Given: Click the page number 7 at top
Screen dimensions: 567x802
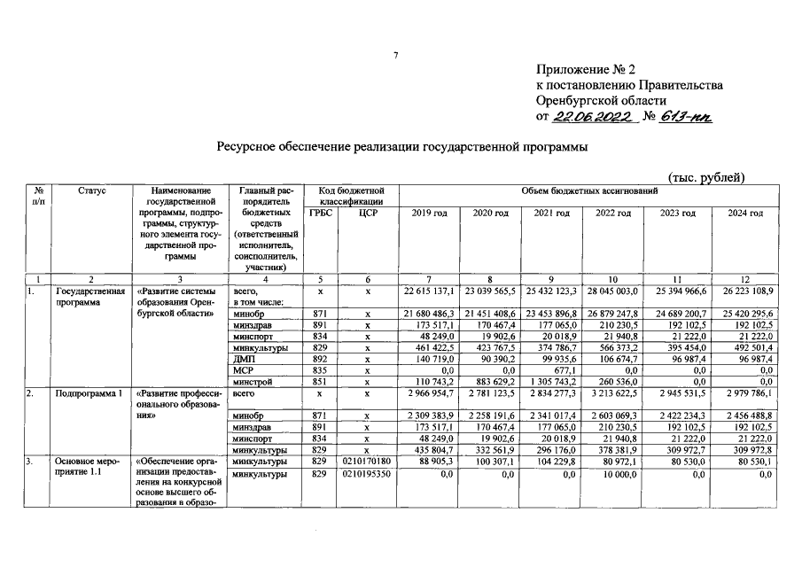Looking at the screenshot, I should click(396, 56).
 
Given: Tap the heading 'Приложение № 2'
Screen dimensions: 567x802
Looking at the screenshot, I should click(587, 69).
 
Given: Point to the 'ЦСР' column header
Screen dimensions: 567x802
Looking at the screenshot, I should click(365, 214).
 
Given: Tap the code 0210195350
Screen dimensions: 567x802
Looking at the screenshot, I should click(366, 476).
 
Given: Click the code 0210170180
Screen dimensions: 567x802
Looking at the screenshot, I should click(366, 462).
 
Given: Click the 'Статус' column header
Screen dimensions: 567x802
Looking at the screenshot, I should click(91, 190).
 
